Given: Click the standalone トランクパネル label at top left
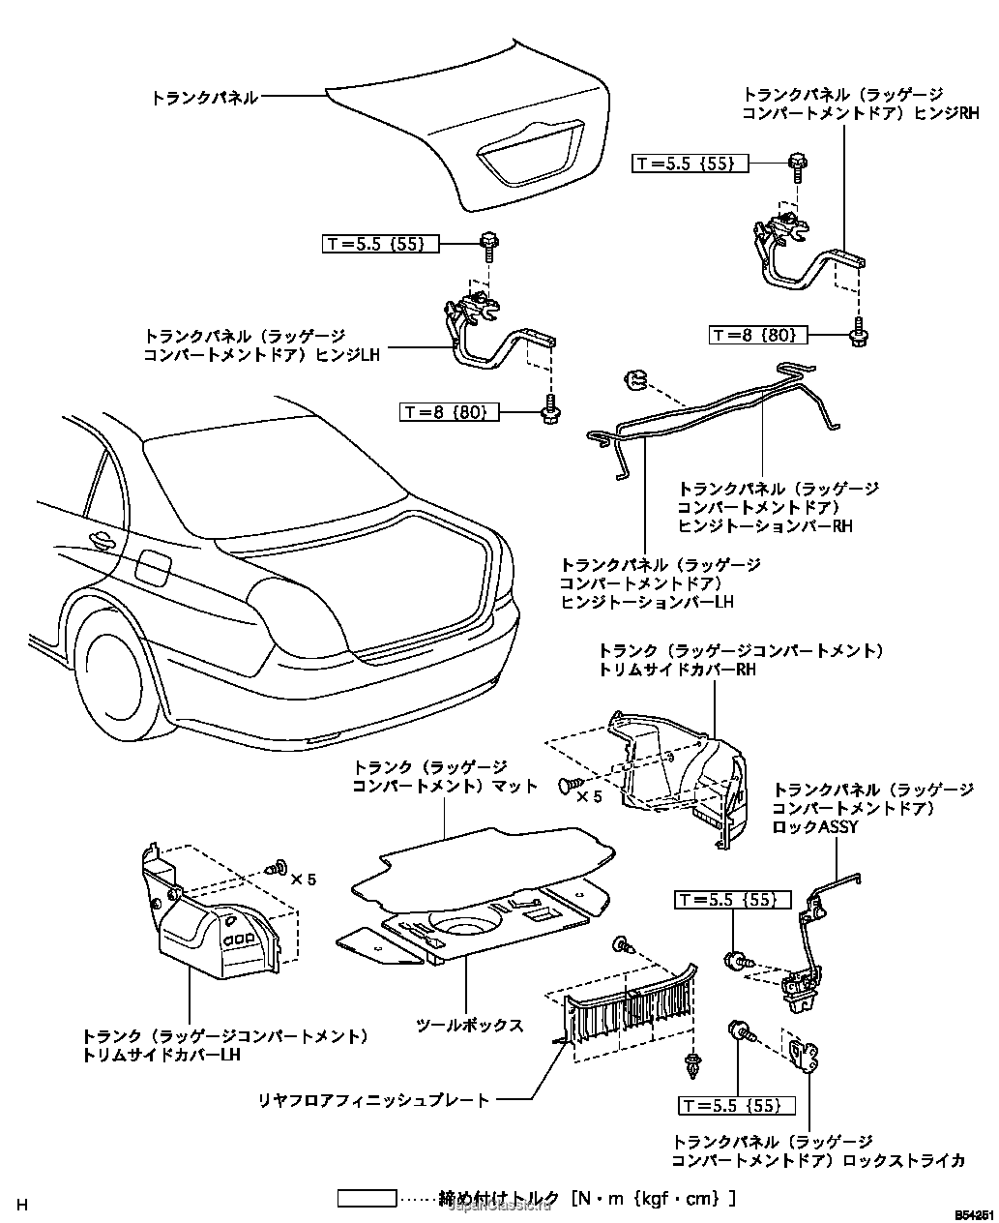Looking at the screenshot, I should (x=204, y=98).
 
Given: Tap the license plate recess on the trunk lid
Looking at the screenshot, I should (x=526, y=157).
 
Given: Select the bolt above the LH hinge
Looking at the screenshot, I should (x=488, y=246).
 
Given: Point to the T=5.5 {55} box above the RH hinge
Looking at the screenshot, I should (x=690, y=164).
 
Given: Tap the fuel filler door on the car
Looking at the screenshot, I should (x=152, y=566).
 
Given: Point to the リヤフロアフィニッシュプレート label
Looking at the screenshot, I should (x=373, y=1099).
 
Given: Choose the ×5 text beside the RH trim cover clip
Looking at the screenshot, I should (x=589, y=797).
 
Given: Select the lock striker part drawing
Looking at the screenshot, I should (x=804, y=1059).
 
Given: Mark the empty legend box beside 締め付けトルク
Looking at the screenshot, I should (x=367, y=1199).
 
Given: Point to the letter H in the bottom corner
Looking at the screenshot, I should (x=22, y=1205).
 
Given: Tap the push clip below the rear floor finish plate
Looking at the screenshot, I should (x=692, y=1065).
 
